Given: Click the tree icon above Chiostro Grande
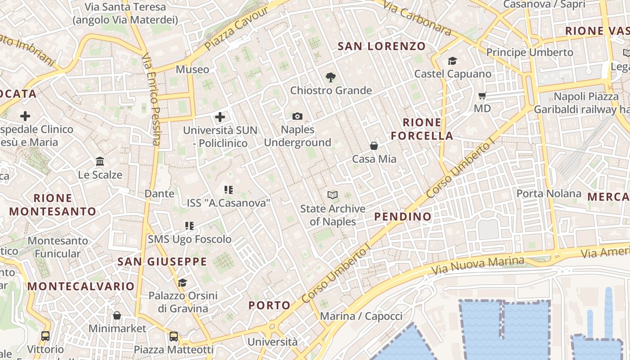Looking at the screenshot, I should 331,77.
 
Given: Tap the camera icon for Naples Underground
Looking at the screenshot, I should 297,117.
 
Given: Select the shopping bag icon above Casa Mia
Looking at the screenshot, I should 374,146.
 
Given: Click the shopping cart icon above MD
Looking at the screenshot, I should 482,95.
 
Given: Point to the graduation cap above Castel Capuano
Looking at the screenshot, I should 452,61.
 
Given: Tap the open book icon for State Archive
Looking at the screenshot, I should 333,195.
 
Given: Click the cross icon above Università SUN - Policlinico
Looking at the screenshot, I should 220,117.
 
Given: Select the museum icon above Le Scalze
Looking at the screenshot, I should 100,161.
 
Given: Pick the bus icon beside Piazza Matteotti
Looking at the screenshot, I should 174,336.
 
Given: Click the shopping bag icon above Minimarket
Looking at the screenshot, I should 117,315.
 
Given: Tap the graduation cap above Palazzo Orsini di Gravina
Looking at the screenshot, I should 182,283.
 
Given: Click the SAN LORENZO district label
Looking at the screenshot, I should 382,46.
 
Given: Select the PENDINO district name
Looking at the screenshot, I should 403,216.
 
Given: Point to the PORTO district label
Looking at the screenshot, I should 270,305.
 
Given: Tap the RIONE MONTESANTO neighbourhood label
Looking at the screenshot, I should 53,204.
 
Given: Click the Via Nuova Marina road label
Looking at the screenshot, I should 478,265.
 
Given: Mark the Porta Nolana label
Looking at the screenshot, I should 549,193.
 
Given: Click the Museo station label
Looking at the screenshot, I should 193,69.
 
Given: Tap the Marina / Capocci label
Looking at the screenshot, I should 361,316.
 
